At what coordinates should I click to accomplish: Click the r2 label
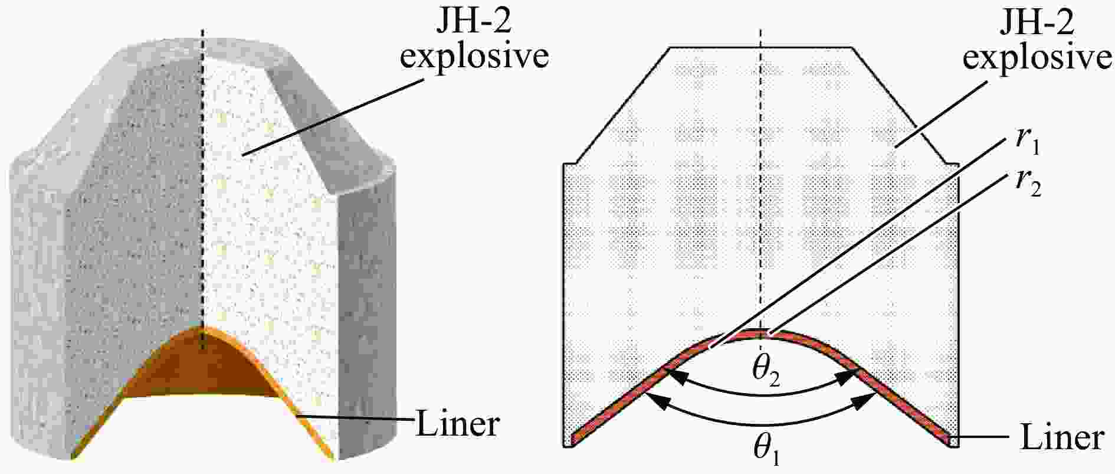click(x=1027, y=185)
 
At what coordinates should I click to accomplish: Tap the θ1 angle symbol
click(x=766, y=450)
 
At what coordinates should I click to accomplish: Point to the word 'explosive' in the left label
click(x=474, y=57)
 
